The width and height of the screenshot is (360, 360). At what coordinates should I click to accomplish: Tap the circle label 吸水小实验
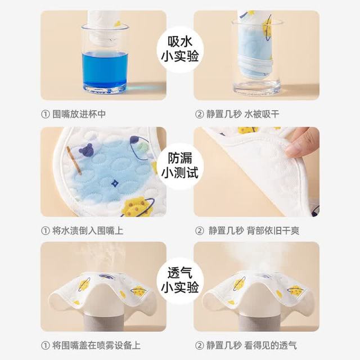pos(180,49)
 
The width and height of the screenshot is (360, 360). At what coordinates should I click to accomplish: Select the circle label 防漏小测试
pos(180,166)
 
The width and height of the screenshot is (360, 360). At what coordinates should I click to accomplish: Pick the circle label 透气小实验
pos(180,281)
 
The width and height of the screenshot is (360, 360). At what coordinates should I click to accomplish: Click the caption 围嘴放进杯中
pos(79,114)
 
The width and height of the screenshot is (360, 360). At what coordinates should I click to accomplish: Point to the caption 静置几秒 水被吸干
pos(242,114)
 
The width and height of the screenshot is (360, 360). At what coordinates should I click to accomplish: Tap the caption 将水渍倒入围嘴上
pos(88,231)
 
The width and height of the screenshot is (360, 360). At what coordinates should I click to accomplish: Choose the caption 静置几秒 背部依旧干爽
pos(254,231)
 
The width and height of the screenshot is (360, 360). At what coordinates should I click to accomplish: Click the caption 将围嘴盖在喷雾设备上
pos(96,345)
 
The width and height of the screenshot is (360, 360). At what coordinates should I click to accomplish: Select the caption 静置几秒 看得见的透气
pos(251,345)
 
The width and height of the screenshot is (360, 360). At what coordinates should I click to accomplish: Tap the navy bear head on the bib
pos(85,150)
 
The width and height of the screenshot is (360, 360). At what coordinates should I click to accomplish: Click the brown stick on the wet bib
pos(74,160)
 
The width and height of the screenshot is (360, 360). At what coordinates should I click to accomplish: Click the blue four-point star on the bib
pos(115,183)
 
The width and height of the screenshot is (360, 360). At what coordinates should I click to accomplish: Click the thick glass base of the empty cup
pos(256,87)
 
